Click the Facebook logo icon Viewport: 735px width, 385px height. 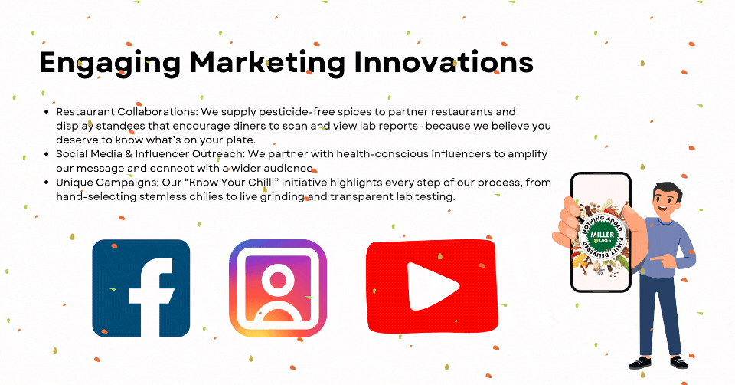(x=141, y=288)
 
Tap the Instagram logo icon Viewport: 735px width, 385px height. (x=278, y=288)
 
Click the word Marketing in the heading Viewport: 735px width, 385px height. (x=268, y=62)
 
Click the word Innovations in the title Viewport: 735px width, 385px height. (x=444, y=62)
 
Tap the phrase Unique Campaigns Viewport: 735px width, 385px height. (x=106, y=183)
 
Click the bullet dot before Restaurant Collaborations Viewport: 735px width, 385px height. (x=47, y=112)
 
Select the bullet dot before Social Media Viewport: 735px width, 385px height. (x=47, y=154)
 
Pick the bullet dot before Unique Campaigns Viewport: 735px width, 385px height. (x=47, y=183)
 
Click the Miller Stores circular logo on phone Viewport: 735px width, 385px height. (x=602, y=235)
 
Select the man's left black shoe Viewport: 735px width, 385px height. (x=639, y=363)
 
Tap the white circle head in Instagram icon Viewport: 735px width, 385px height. (x=278, y=281)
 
